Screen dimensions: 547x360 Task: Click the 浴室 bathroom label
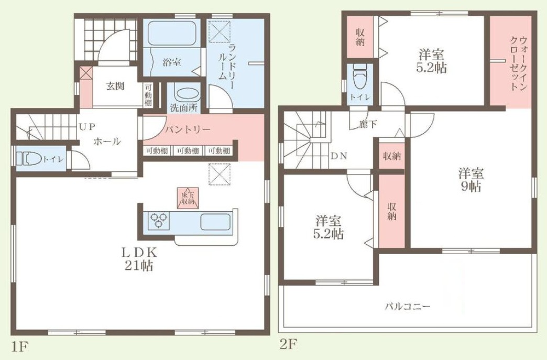point(172,63)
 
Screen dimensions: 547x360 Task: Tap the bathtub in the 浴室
point(172,34)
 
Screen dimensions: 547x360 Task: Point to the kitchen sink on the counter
point(215,221)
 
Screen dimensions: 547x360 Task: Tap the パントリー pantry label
point(188,130)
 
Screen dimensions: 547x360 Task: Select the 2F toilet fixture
point(359,77)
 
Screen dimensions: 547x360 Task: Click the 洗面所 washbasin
point(187,94)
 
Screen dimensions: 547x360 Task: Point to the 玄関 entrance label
point(115,86)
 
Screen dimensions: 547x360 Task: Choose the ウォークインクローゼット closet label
point(518,63)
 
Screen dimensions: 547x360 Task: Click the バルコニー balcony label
point(408,307)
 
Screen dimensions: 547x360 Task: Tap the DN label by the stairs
point(339,156)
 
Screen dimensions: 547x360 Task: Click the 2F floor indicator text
point(288,345)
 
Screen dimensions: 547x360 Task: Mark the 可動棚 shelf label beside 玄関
point(149,95)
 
